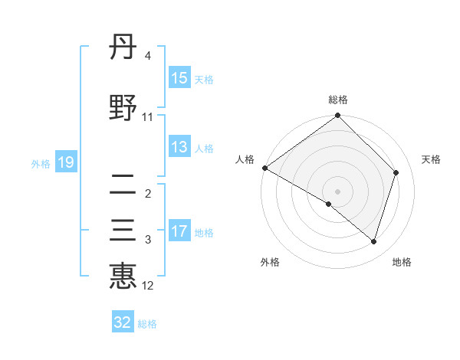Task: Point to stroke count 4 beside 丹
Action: (148, 57)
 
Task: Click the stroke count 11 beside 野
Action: (148, 117)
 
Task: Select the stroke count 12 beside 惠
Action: (148, 286)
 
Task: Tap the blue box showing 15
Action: (179, 78)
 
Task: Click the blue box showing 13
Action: (179, 147)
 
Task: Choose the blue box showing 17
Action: (179, 231)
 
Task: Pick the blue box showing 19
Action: (65, 162)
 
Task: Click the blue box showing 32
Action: (123, 322)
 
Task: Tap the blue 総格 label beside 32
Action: (147, 324)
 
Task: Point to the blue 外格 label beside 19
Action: (41, 163)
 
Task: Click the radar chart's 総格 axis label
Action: (338, 100)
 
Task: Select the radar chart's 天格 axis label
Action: (431, 159)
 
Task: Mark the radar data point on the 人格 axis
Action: (264, 168)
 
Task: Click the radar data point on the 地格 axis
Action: (374, 241)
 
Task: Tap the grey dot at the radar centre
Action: (337, 191)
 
